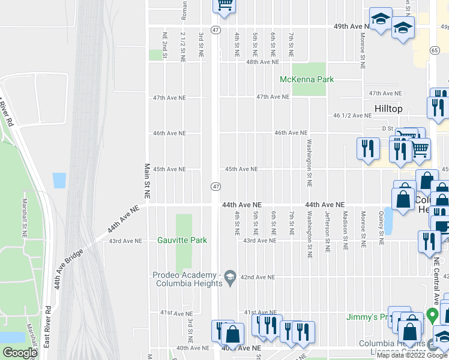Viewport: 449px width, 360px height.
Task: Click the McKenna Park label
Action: (x=307, y=79)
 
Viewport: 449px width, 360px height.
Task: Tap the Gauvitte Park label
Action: (x=182, y=241)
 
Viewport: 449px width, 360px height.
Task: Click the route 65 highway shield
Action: (x=434, y=52)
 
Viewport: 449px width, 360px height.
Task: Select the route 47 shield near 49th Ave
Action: (x=215, y=29)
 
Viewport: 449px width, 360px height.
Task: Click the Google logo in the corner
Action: (x=20, y=353)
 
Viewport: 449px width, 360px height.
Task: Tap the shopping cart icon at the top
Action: (x=224, y=5)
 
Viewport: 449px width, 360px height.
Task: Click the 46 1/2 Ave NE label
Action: (x=352, y=115)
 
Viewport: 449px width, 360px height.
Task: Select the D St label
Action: (x=387, y=128)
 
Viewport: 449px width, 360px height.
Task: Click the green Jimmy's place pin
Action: (x=432, y=316)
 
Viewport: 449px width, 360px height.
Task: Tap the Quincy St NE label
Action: (x=381, y=228)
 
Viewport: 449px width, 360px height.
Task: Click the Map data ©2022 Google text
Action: (x=412, y=355)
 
